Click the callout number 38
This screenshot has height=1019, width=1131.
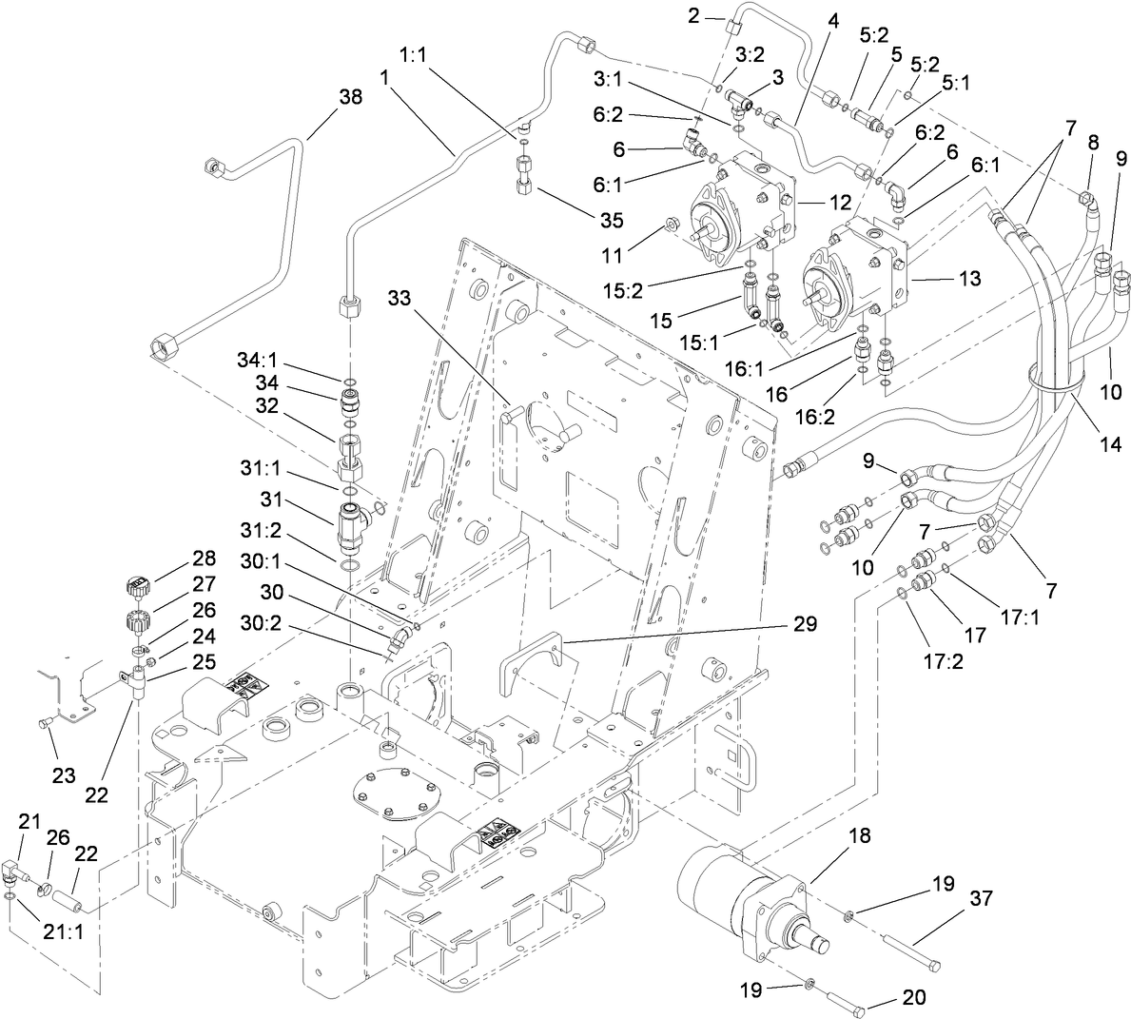point(350,97)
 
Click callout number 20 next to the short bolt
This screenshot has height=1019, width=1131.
point(913,998)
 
